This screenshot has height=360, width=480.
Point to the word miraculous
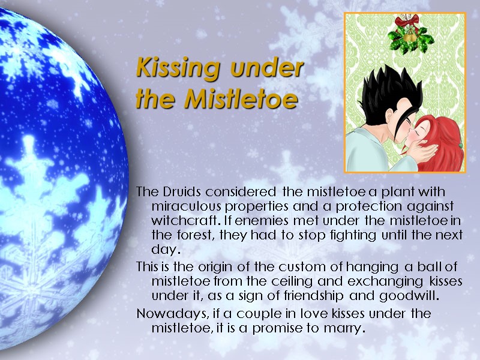click(182, 206)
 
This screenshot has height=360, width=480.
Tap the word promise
click(291, 328)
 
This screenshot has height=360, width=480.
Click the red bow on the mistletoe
click(406, 22)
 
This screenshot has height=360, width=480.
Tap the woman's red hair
click(447, 144)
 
